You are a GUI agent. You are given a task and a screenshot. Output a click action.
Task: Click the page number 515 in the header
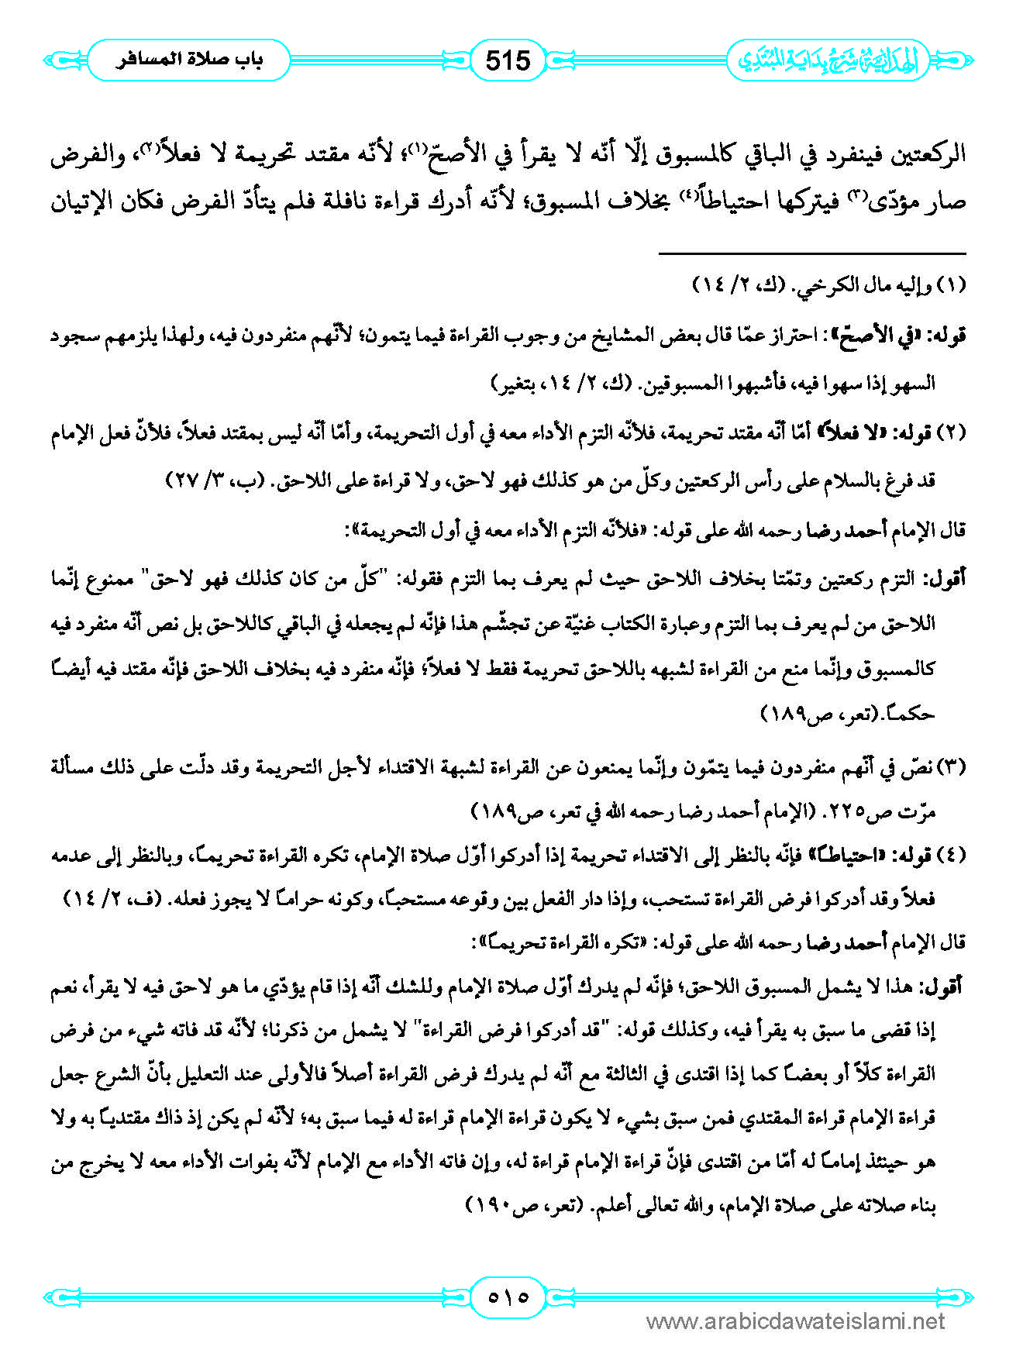point(508,60)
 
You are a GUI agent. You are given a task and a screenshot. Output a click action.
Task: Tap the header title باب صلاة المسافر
point(189,60)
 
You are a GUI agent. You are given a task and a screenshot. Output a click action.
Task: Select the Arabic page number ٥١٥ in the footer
point(508,1296)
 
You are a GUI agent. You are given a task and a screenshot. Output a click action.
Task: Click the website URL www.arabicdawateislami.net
point(795,1321)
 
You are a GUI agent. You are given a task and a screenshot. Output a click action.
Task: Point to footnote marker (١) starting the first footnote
point(952,285)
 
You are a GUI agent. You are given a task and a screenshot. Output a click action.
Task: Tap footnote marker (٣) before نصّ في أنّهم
point(952,767)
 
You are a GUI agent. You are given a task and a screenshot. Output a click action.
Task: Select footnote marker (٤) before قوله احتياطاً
point(952,855)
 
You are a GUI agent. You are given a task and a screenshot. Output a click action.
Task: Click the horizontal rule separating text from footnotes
point(812,253)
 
